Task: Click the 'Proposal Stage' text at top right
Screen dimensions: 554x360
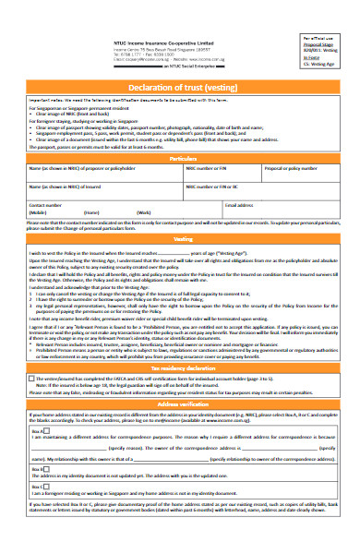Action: [318, 42]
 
